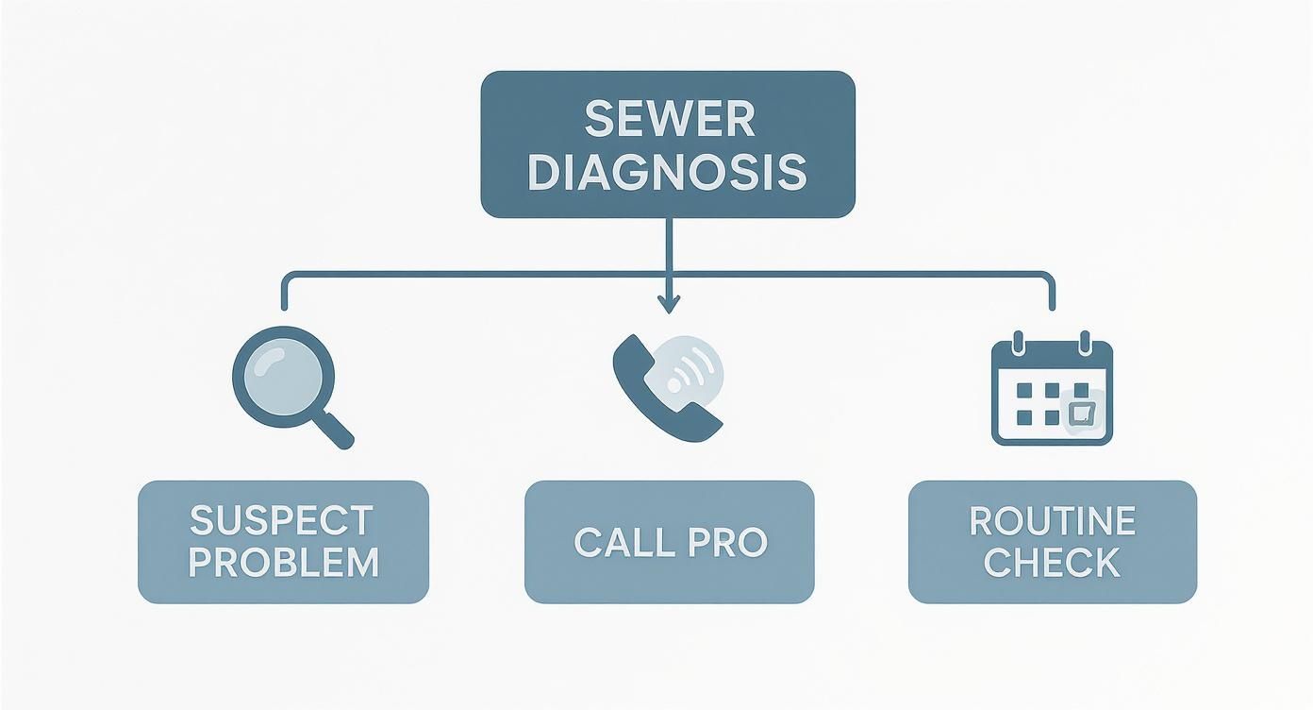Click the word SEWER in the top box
669,120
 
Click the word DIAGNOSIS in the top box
668,173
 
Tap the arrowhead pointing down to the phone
668,304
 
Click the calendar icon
1052,392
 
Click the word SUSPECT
281,520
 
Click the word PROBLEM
283,563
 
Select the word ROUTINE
1052,520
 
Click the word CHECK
1052,563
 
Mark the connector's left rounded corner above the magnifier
287,278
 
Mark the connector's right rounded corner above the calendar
1048,278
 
